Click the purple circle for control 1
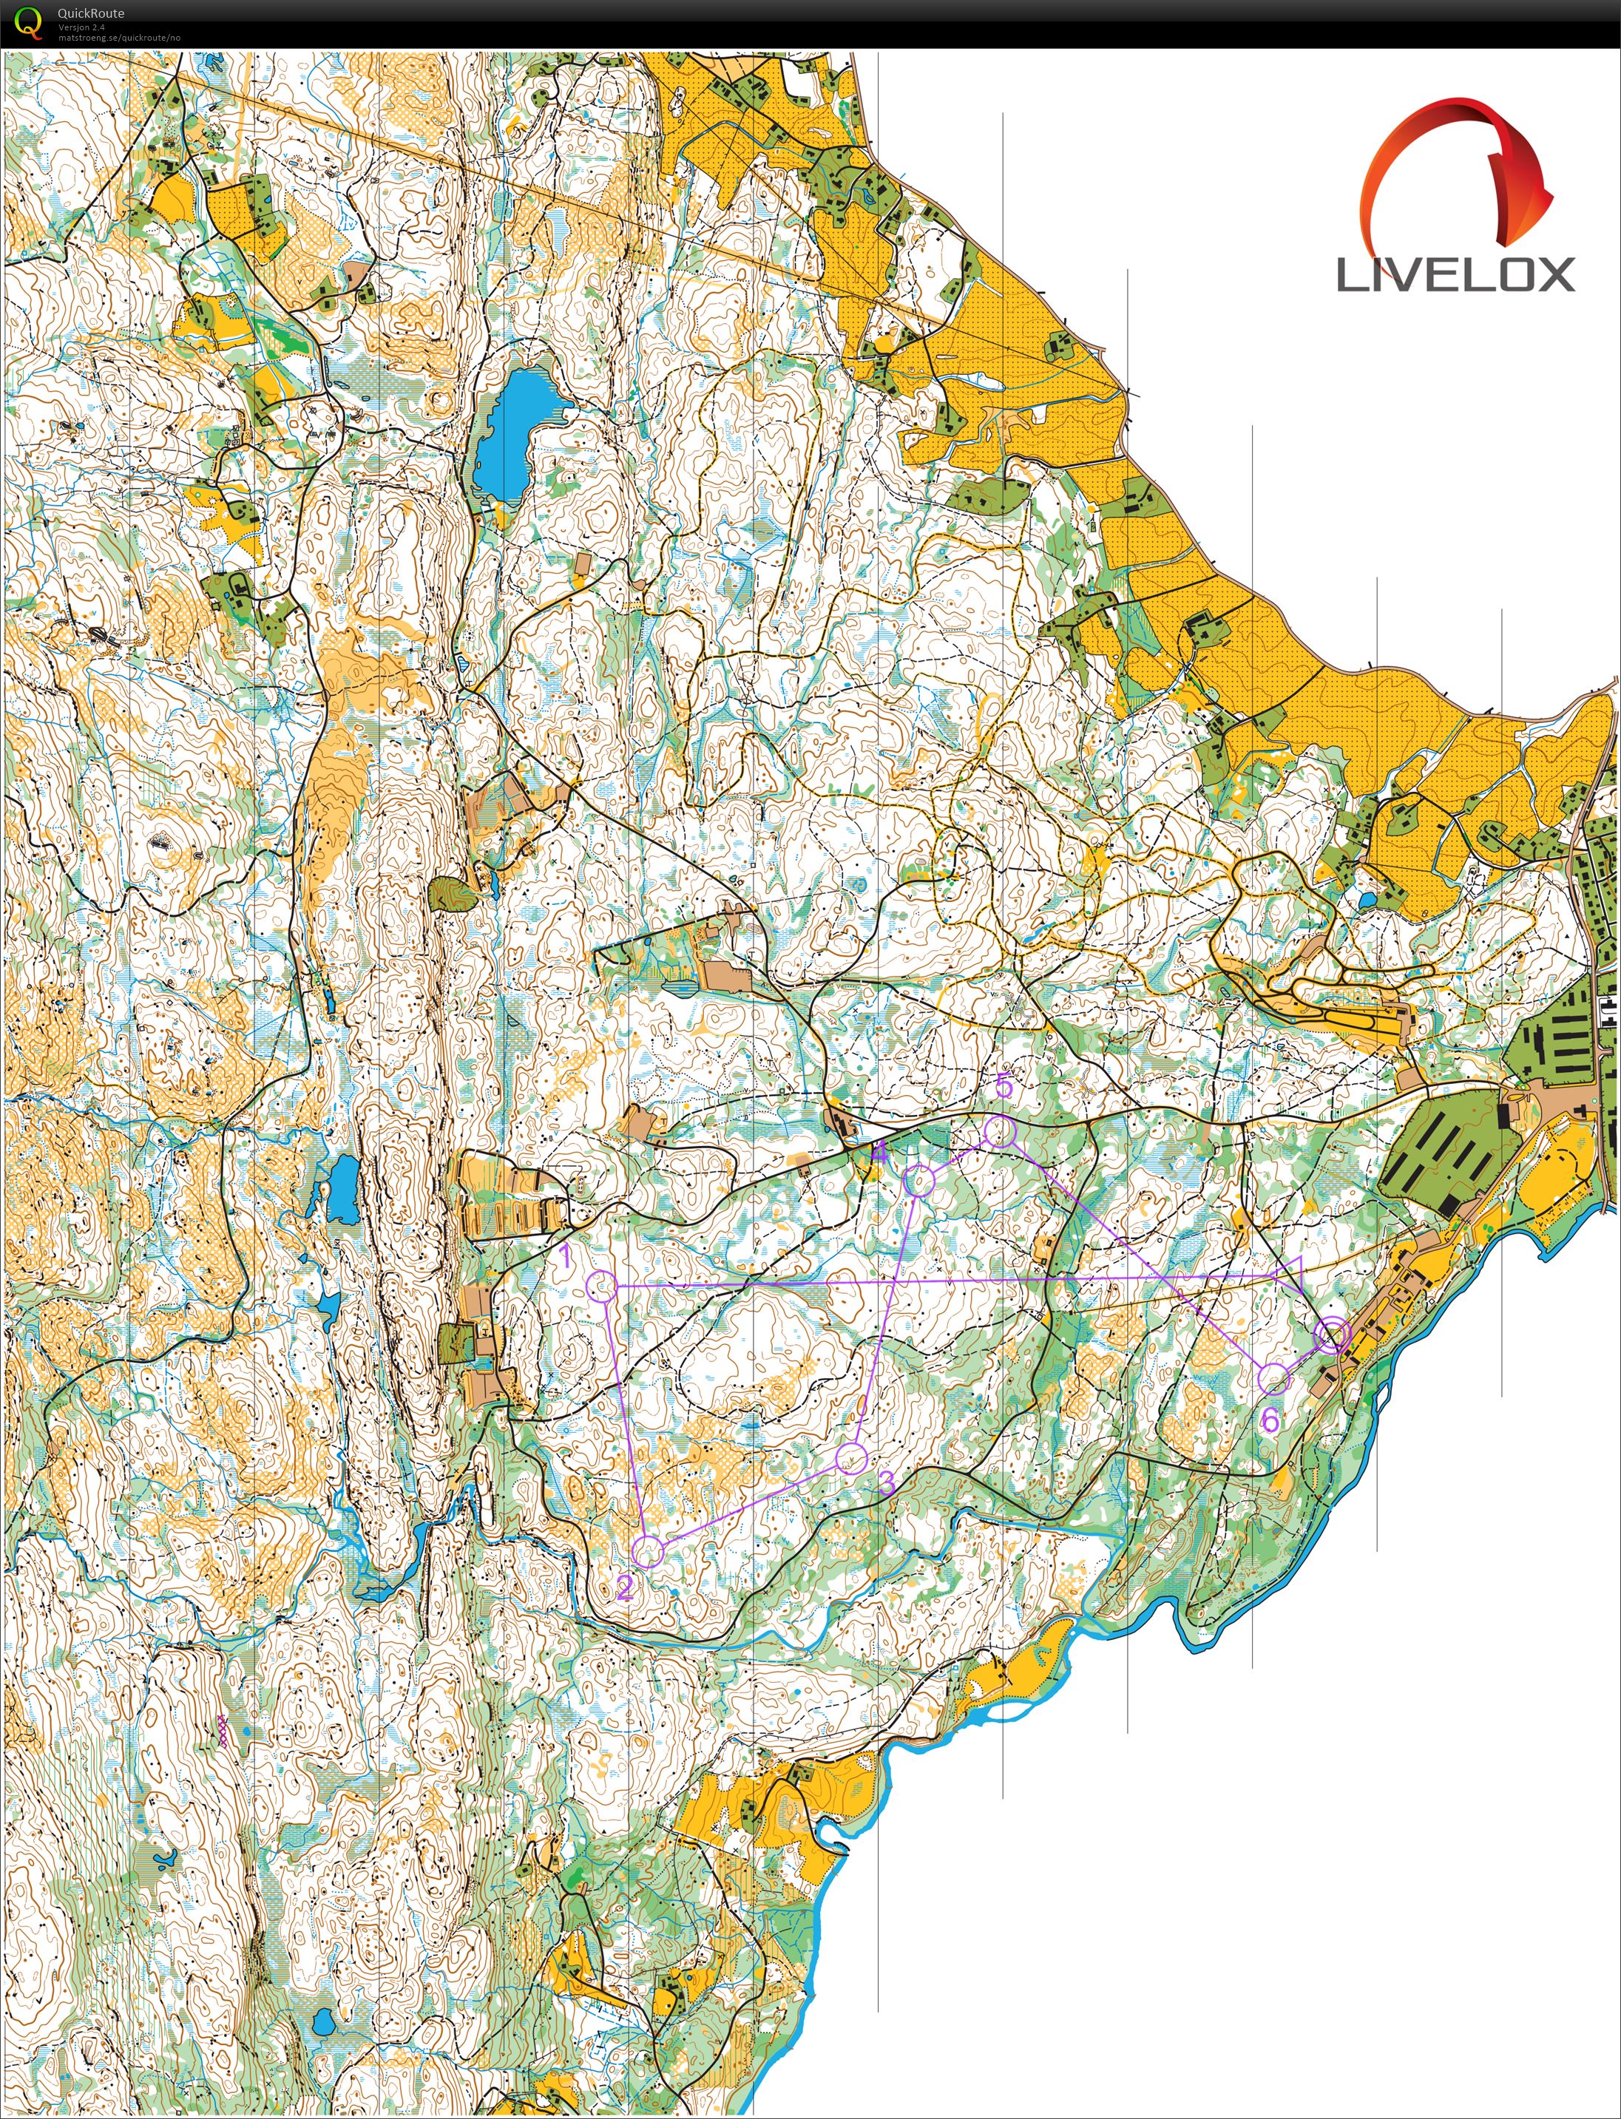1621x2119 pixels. pos(602,1285)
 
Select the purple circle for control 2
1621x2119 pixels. pos(649,1552)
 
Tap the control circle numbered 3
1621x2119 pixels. pos(851,1457)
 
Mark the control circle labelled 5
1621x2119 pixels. pos(1001,1131)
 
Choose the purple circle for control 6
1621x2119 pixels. pos(1273,1379)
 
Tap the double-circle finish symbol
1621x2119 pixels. pos(1333,1336)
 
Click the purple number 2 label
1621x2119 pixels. pos(624,1587)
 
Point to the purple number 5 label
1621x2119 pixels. pos(1004,1086)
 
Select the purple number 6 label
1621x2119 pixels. pos(1270,1420)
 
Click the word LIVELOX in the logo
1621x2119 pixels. pos(1455,275)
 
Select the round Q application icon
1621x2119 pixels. pos(29,22)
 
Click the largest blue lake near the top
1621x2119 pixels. pos(512,434)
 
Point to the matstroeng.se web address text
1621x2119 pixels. pos(118,38)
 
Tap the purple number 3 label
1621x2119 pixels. pos(887,1482)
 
